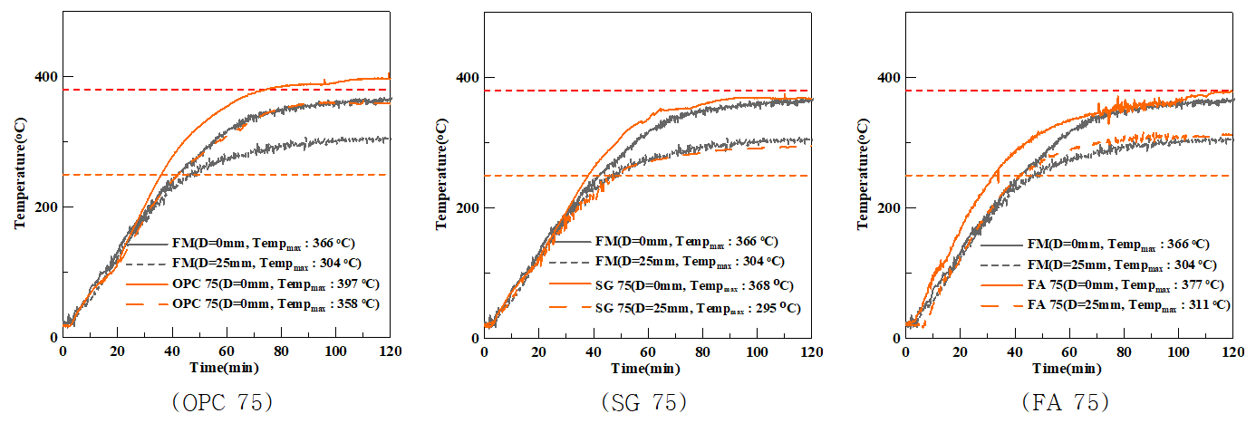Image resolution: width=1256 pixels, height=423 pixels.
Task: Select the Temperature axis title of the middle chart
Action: [443, 174]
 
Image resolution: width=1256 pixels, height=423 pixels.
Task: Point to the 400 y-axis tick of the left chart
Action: [44, 77]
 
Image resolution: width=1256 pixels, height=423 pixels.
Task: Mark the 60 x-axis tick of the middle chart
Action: [648, 351]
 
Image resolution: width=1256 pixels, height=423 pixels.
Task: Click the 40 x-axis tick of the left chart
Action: [172, 351]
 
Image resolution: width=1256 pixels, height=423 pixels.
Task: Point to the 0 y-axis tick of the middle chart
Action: [474, 338]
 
